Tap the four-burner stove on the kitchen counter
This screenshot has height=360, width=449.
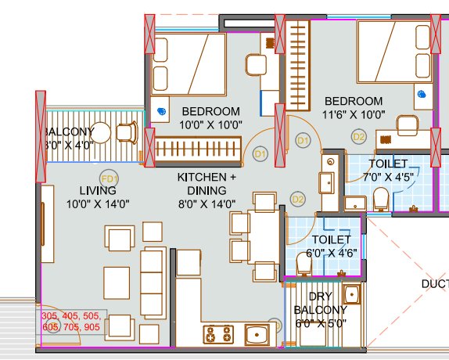(x=220, y=335)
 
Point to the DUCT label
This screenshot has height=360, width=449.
(x=434, y=283)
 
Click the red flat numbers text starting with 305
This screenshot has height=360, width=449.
(x=70, y=322)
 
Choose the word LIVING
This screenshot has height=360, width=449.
(x=97, y=190)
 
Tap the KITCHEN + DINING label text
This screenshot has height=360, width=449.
(x=207, y=185)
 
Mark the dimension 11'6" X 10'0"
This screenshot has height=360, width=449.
(x=354, y=114)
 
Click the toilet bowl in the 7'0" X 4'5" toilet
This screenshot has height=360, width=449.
(x=382, y=200)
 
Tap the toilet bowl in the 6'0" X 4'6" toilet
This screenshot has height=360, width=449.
(x=305, y=267)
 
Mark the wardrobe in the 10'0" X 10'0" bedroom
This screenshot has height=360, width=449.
(x=198, y=148)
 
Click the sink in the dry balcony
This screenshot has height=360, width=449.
(x=351, y=295)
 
